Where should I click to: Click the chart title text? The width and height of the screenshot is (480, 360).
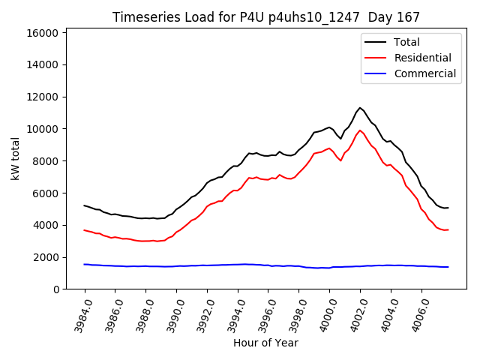tap(266, 17)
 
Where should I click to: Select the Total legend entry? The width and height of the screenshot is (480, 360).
tap(406, 42)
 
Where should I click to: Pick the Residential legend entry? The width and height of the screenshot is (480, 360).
tap(422, 58)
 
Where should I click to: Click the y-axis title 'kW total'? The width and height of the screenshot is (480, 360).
tap(15, 158)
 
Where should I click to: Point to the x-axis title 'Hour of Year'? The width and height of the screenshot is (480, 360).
tap(265, 343)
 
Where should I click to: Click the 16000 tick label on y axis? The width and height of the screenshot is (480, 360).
tap(43, 33)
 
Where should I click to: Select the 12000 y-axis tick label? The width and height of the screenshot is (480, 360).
tap(43, 97)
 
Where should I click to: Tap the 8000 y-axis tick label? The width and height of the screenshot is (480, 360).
tap(46, 161)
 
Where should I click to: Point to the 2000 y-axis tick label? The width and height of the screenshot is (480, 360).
tap(46, 257)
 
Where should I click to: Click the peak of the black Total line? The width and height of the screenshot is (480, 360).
tap(360, 107)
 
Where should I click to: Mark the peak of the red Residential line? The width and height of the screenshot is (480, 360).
tap(360, 130)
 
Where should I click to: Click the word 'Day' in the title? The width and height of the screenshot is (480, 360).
tap(380, 17)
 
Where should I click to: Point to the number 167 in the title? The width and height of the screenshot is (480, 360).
tap(409, 17)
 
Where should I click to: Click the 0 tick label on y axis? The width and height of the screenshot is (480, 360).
tap(56, 289)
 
